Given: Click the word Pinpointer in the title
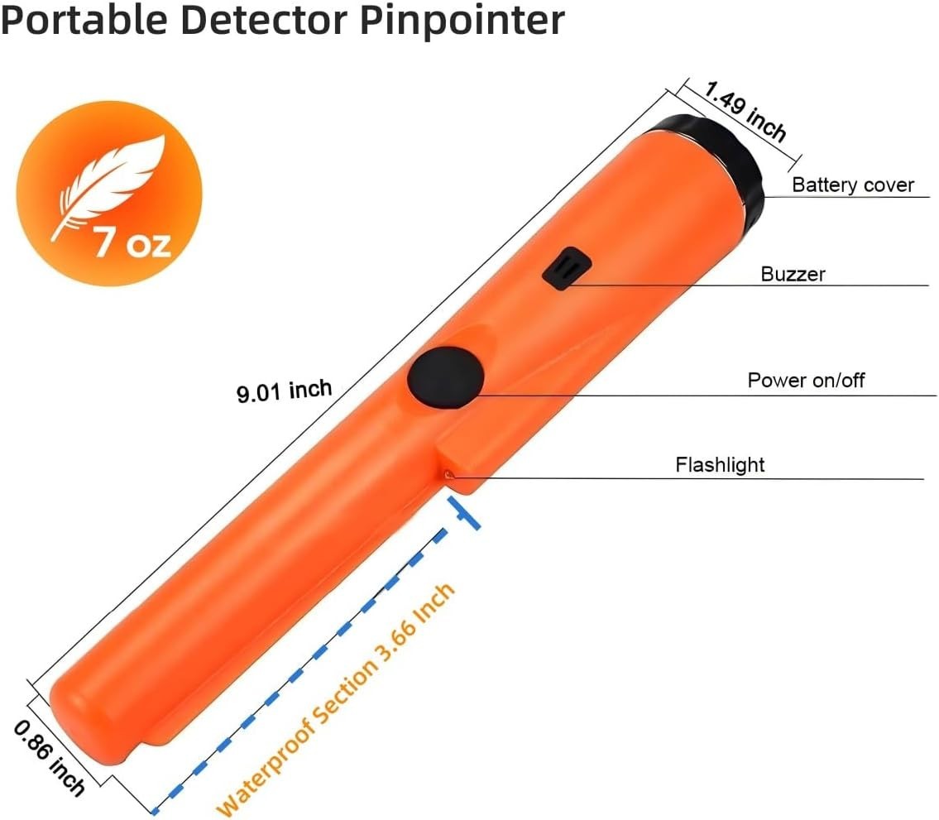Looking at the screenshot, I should tap(462, 20).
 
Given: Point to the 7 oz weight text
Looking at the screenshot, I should tap(132, 242).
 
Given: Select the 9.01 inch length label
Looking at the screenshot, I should tap(284, 389).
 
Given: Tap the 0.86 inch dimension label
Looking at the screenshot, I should tap(49, 757).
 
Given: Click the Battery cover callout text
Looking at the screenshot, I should tap(852, 185).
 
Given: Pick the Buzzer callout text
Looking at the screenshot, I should tap(793, 273).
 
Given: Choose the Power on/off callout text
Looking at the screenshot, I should tap(806, 381).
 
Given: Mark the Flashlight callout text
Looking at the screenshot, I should tap(720, 465).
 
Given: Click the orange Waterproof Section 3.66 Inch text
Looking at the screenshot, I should tap(336, 699).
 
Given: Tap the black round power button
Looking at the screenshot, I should tap(445, 377).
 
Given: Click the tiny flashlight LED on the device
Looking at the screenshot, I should tap(448, 475).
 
